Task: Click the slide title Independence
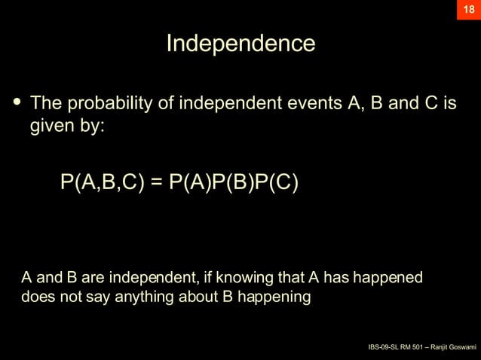(240, 43)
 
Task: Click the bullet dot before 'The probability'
(15, 101)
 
